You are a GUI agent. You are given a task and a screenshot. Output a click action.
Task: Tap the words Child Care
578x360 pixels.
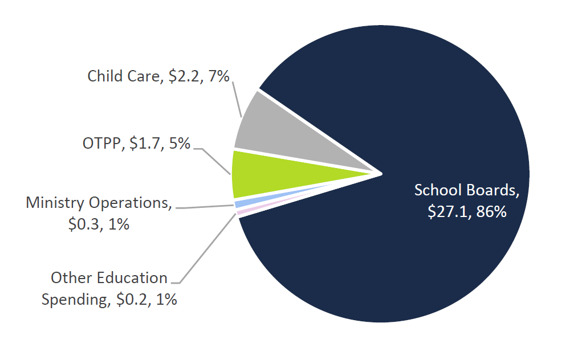tap(123, 76)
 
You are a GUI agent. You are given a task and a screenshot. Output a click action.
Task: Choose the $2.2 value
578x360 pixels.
tap(184, 76)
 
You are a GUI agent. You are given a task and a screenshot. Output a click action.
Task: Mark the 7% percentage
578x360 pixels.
tap(218, 76)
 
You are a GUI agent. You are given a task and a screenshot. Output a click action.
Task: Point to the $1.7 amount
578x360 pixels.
tap(145, 144)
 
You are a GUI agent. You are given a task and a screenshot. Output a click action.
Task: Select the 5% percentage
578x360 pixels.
tap(178, 144)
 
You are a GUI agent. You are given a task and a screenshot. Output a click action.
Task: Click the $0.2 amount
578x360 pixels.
tap(132, 300)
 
